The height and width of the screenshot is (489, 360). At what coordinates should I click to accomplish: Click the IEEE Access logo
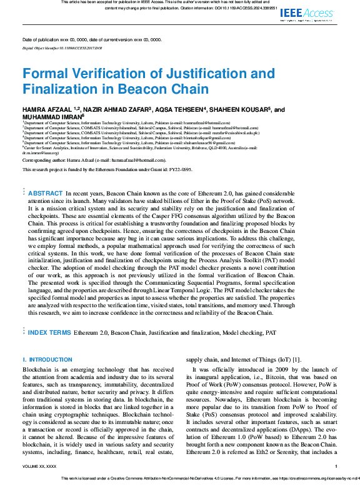pos(308,13)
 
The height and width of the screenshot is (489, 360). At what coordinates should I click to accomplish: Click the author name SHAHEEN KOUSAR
pos(243,109)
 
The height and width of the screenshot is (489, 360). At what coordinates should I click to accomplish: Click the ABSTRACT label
pos(46,194)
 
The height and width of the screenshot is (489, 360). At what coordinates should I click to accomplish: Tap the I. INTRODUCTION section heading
pos(47,360)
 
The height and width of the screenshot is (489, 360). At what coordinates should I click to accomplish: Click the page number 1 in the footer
pos(336,466)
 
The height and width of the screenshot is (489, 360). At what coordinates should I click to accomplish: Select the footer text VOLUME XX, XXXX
pos(39,466)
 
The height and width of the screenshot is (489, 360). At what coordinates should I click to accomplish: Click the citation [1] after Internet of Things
pos(297,360)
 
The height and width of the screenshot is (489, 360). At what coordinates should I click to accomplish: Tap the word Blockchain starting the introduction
pos(37,370)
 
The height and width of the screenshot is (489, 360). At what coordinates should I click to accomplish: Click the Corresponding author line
pos(94,161)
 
